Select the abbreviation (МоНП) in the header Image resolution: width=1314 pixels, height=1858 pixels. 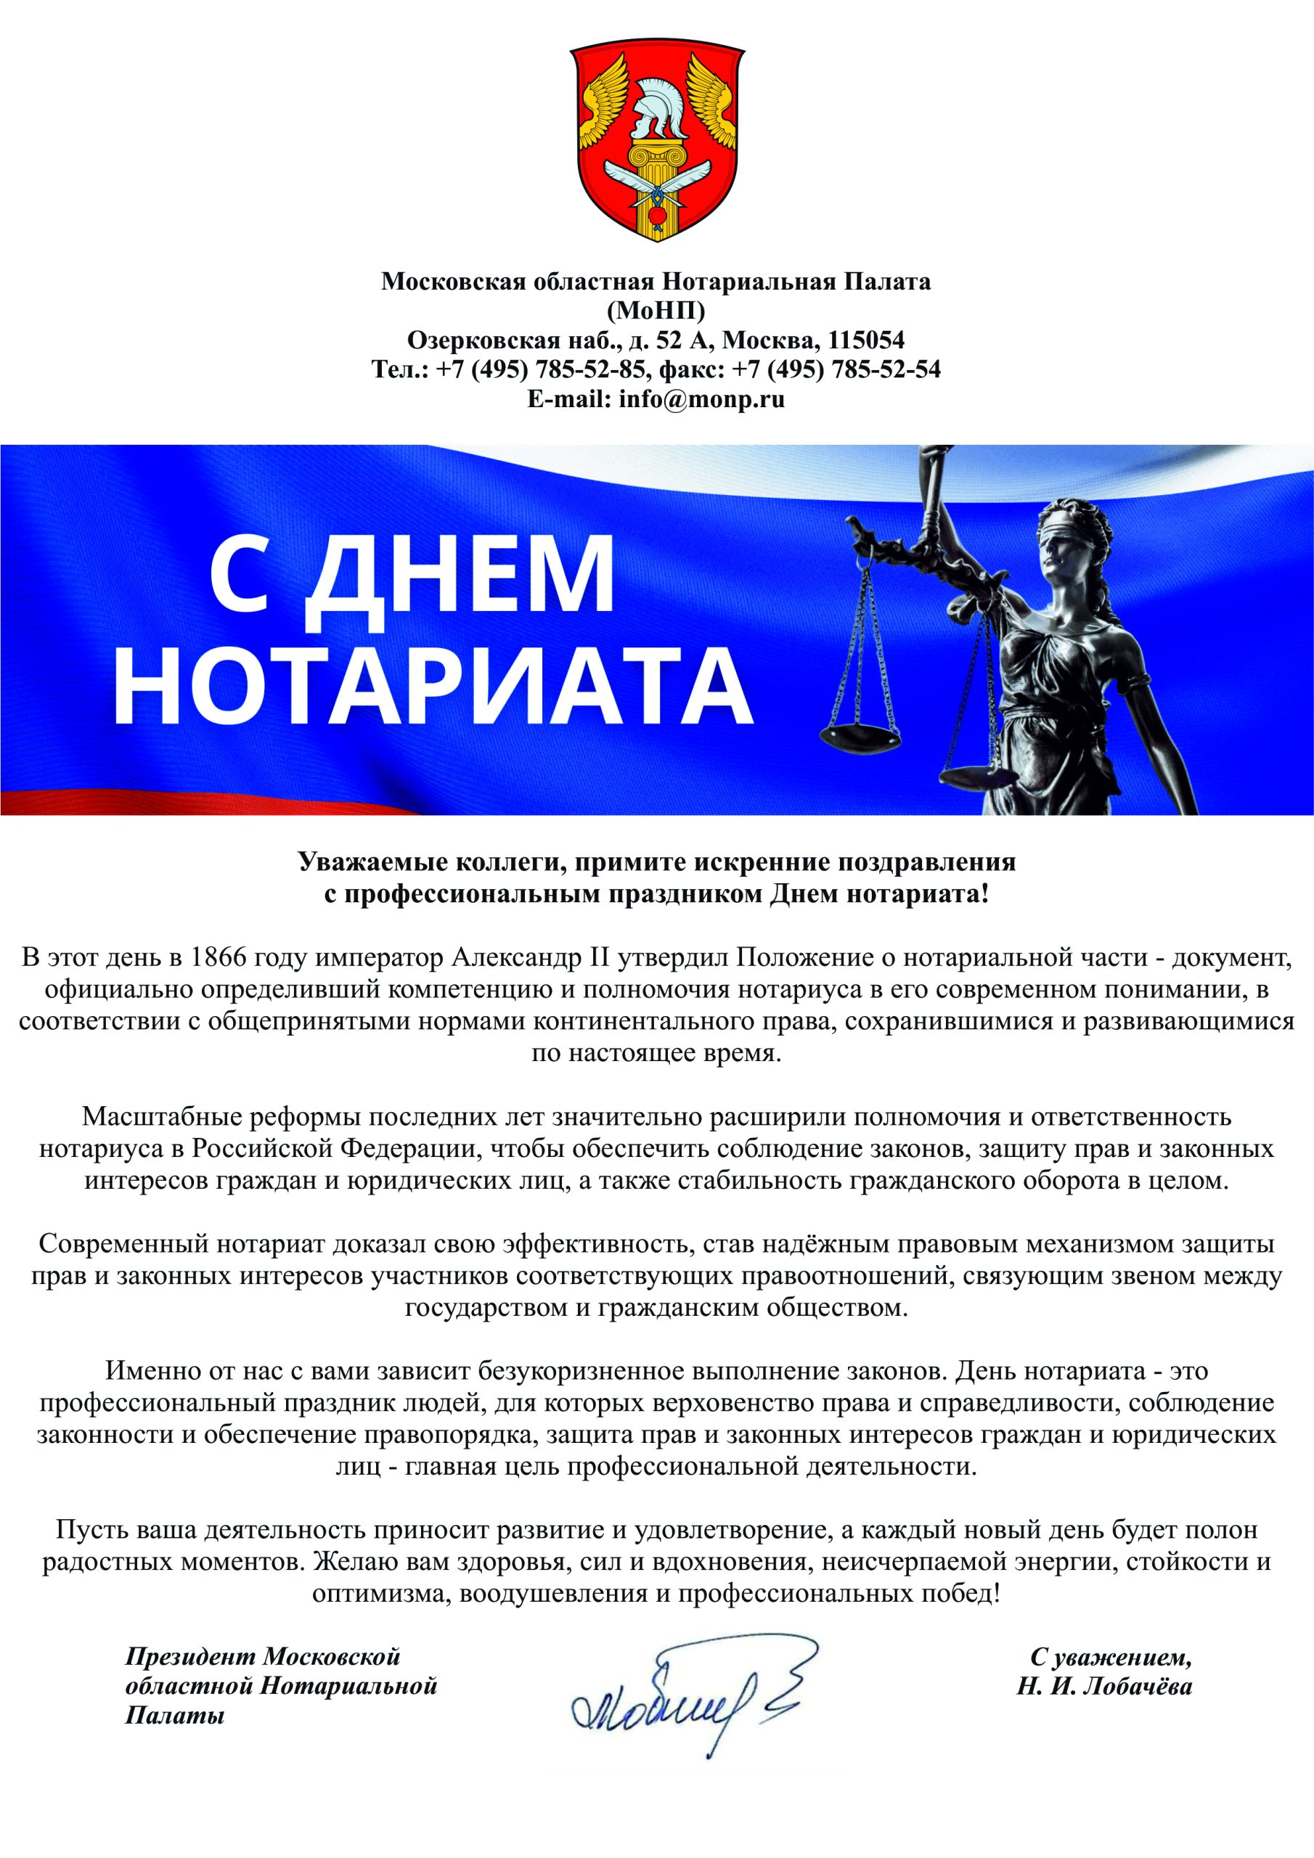tap(656, 310)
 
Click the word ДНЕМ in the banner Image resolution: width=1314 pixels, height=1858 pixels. tap(462, 572)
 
